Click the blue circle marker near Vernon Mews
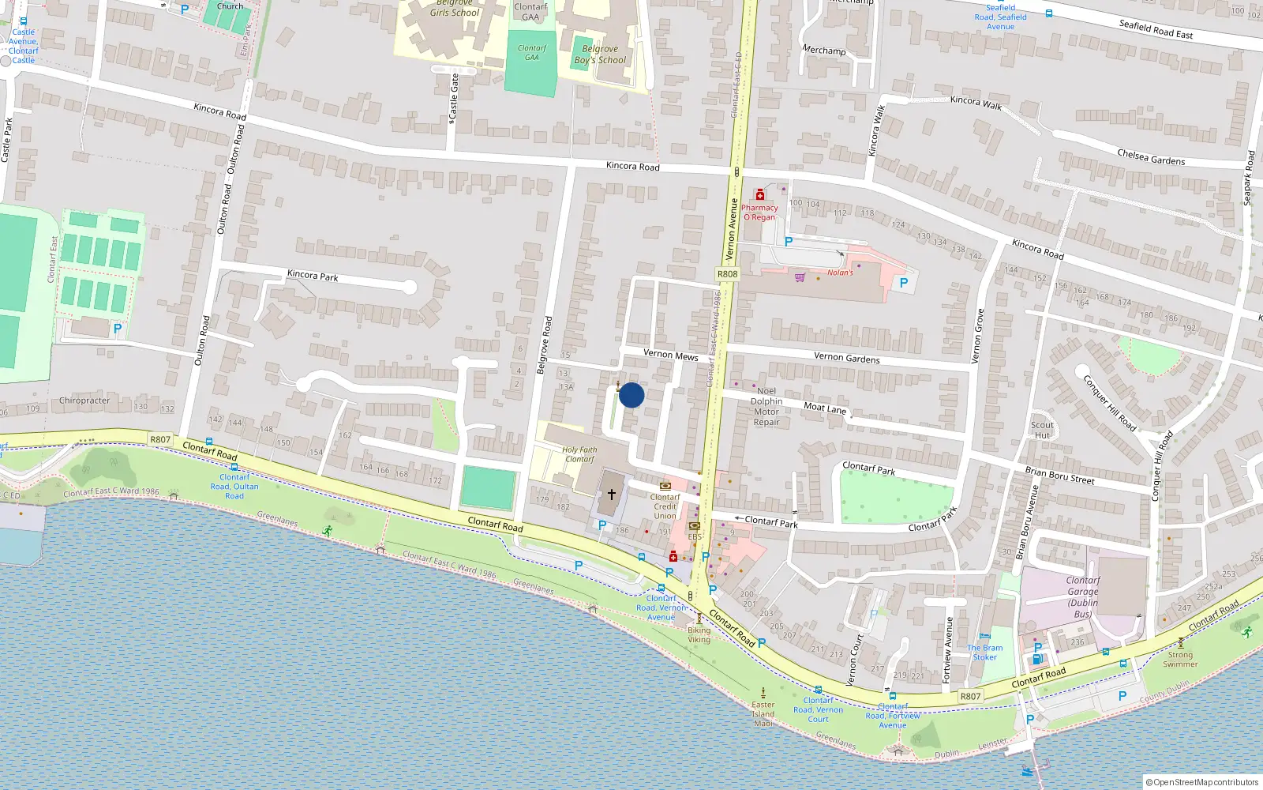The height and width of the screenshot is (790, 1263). click(x=631, y=395)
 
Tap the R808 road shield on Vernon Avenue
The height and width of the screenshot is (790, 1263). click(x=727, y=274)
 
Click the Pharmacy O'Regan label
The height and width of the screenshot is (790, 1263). click(x=759, y=212)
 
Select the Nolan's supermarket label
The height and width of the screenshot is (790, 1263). click(x=840, y=273)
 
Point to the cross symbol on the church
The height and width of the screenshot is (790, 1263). click(x=611, y=495)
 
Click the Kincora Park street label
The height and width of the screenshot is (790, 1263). click(x=313, y=275)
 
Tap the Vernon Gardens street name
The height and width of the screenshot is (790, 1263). click(x=846, y=357)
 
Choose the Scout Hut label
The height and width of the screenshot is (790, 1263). click(x=1042, y=430)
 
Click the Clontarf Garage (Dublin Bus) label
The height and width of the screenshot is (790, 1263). click(x=1082, y=596)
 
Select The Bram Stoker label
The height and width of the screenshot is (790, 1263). click(x=984, y=652)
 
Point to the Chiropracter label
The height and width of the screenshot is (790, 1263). click(x=84, y=401)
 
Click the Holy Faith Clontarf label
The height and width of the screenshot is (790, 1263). click(x=579, y=454)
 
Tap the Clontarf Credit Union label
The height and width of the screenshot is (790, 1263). click(x=665, y=506)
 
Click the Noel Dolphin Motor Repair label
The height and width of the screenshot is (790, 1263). click(x=766, y=406)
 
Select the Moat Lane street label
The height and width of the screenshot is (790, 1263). click(x=825, y=408)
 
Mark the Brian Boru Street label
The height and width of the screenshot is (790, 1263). click(x=1059, y=475)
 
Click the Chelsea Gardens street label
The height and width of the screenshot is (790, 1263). click(x=1151, y=156)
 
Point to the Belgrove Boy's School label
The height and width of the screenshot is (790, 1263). click(x=600, y=55)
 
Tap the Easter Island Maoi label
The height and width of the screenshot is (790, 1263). click(x=763, y=713)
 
